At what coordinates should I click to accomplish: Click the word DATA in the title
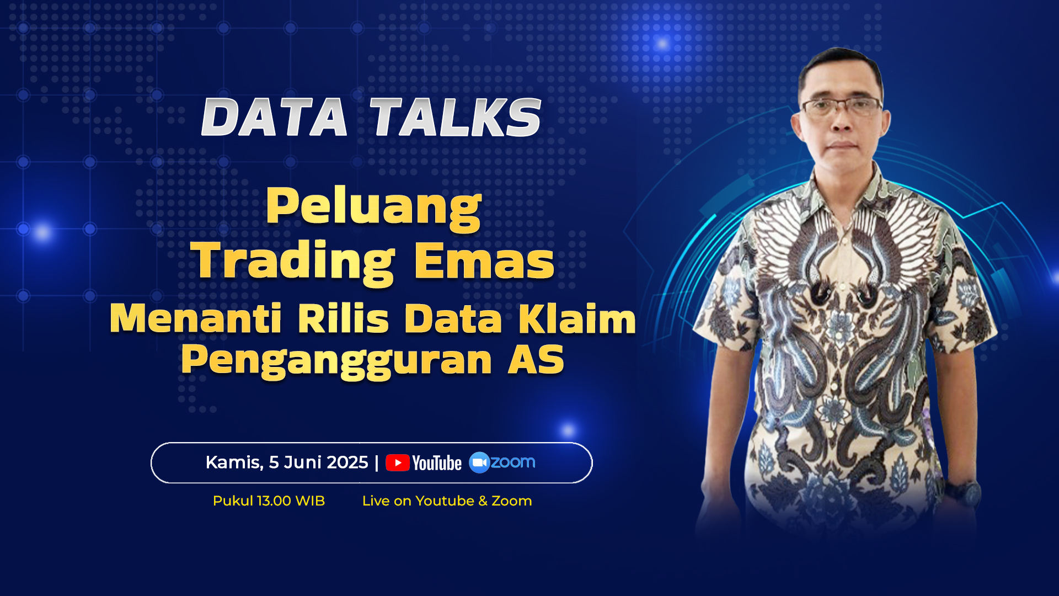coord(275,117)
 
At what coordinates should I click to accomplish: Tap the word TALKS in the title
coord(456,117)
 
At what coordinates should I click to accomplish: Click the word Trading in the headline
coord(293,261)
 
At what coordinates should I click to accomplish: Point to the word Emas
coord(484,261)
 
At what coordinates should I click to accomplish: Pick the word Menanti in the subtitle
coord(196,318)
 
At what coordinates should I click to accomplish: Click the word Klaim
coord(577,318)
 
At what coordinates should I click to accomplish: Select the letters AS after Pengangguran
coord(536,359)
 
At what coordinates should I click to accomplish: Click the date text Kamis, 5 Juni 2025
coord(287,462)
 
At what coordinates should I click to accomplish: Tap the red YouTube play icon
coord(398,463)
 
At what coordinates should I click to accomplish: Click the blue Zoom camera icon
coord(479,462)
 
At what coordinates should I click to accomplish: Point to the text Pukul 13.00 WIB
coord(269,501)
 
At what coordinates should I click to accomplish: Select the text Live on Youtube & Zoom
coord(447,501)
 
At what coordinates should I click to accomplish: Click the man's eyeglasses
coord(842,107)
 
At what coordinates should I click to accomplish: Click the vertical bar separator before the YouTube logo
coord(377,462)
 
